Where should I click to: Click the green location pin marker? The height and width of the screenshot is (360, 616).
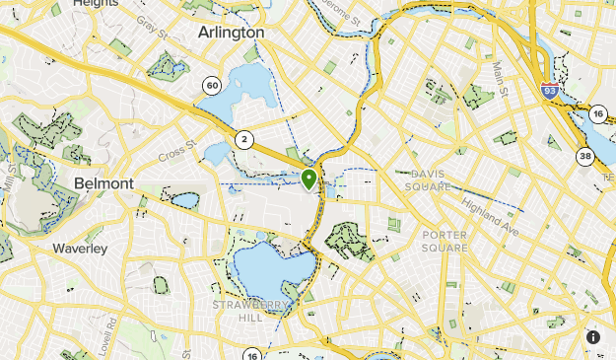309,180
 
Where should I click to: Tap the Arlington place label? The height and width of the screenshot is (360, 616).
232,33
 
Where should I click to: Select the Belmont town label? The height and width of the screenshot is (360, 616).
103,183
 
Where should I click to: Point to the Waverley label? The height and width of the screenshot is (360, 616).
80,249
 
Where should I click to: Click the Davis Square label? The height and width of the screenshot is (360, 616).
427,180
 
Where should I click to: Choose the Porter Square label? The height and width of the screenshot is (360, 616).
445,242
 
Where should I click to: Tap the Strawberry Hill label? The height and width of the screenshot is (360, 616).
250,312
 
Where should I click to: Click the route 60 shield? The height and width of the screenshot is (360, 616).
212,86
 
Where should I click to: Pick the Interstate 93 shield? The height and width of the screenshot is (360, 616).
550,91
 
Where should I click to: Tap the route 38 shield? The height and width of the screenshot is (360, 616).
584,155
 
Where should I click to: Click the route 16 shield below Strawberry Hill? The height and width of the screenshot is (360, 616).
252,355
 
